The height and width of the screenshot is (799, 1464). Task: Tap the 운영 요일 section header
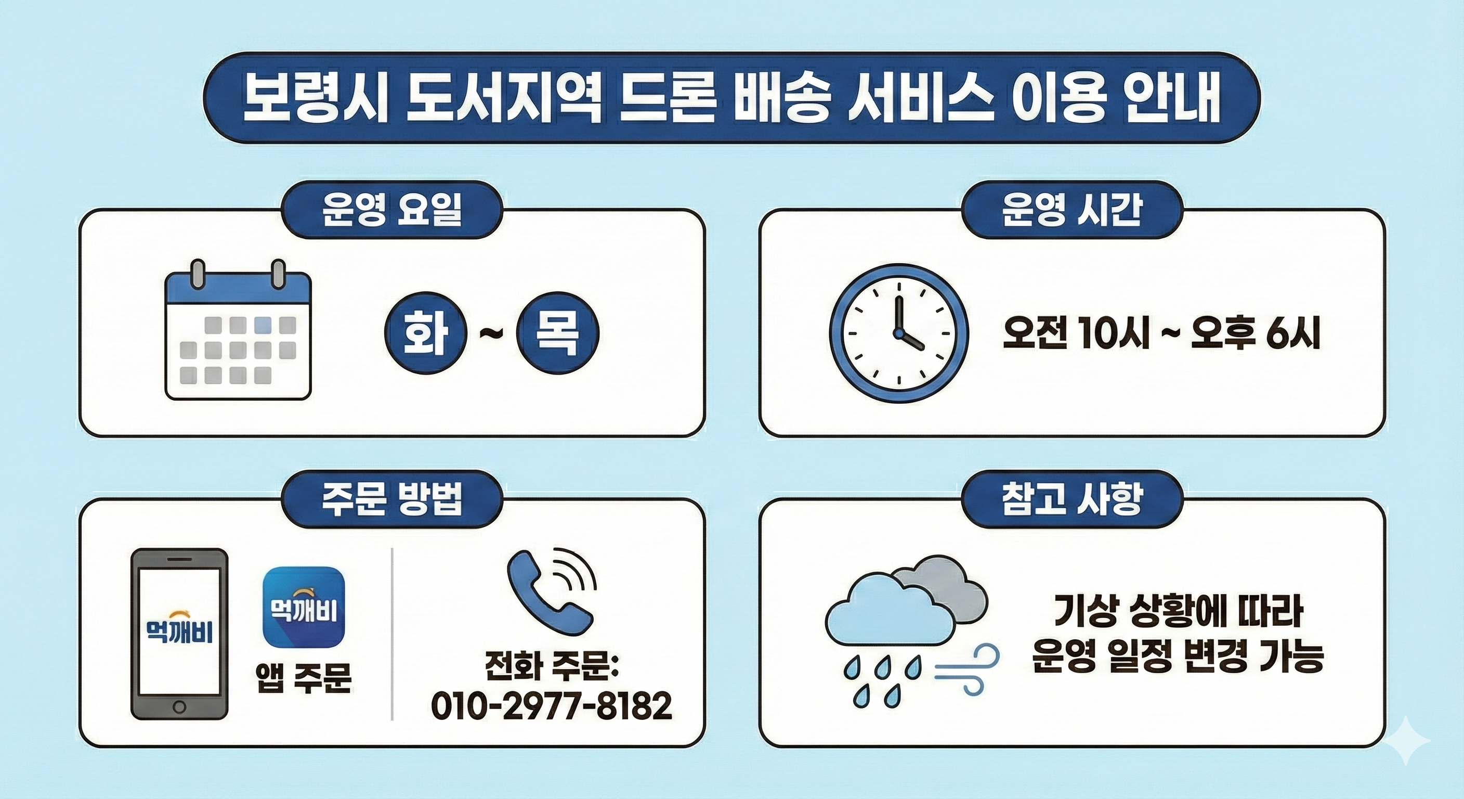[x=392, y=209]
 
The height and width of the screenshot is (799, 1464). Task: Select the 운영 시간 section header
[x=1072, y=209]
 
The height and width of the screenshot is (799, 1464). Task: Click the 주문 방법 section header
[x=392, y=499]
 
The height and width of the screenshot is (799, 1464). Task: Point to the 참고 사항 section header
[x=1072, y=499]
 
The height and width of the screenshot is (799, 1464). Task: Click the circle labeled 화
[x=426, y=333]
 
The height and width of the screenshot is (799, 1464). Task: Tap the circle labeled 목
[x=557, y=333]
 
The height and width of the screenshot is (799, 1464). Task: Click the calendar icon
[x=238, y=330]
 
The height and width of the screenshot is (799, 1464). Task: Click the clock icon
[x=898, y=333]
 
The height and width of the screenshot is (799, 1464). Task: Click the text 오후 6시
[x=1254, y=333]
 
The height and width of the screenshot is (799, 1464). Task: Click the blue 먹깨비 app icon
[x=304, y=608]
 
